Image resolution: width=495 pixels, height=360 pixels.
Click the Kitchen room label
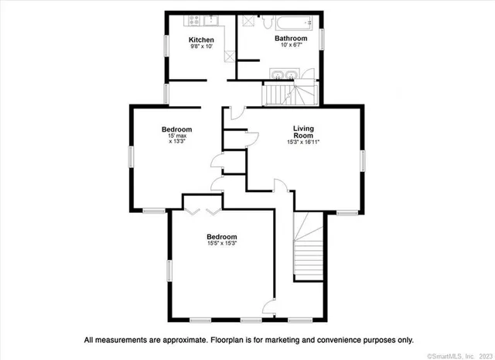201,39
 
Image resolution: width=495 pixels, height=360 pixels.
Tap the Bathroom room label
291,38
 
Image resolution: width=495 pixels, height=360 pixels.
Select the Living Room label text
302,132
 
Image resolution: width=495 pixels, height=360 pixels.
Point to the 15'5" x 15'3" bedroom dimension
221,244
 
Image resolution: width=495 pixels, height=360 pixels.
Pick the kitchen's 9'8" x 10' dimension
201,46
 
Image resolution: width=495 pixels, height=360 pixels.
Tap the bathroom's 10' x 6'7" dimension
291,46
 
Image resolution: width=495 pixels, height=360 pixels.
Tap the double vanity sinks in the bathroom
283,74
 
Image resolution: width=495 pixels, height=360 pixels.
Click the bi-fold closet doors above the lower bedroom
203,210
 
